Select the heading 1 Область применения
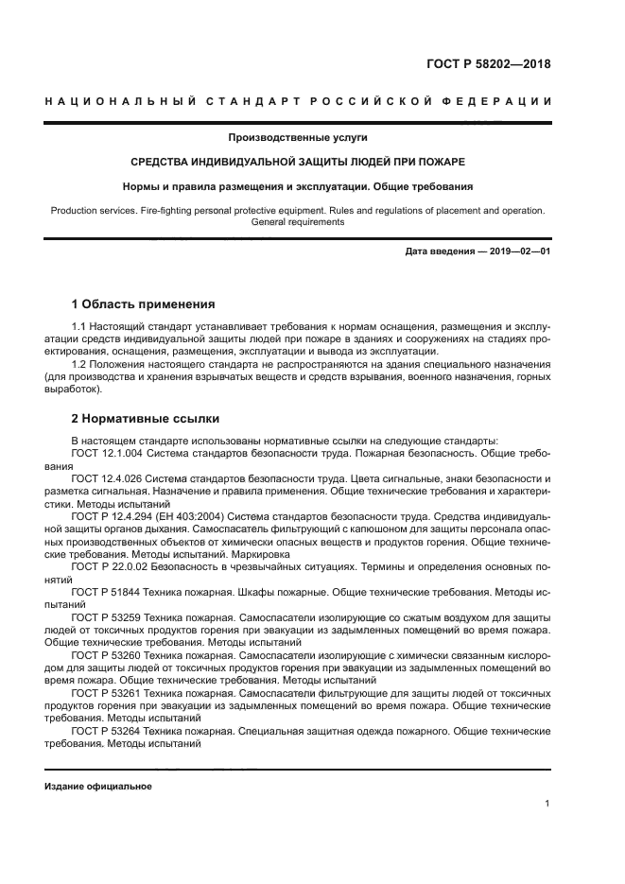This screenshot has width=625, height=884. (x=143, y=304)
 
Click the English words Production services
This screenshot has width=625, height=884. (x=95, y=210)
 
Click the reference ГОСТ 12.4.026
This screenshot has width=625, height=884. (x=107, y=479)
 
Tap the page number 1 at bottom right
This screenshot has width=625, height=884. (x=547, y=803)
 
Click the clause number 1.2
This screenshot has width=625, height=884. (x=80, y=363)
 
